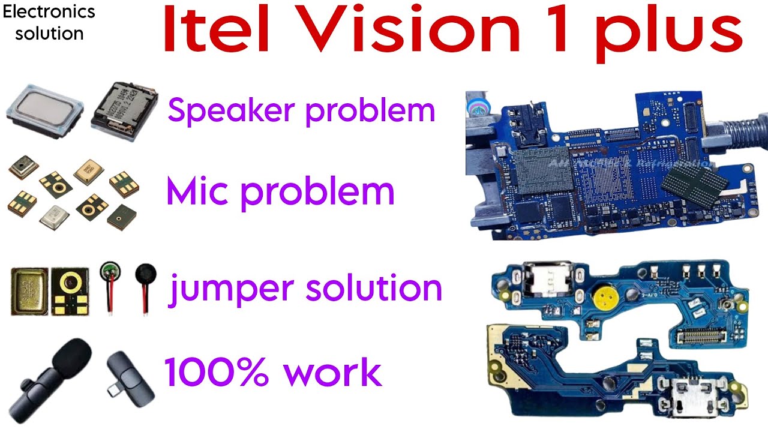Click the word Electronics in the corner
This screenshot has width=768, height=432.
coord(49,11)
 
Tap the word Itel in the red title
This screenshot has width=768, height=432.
coord(207,31)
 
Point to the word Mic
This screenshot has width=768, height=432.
coord(202,191)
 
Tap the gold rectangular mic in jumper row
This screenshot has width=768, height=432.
coord(29,292)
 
